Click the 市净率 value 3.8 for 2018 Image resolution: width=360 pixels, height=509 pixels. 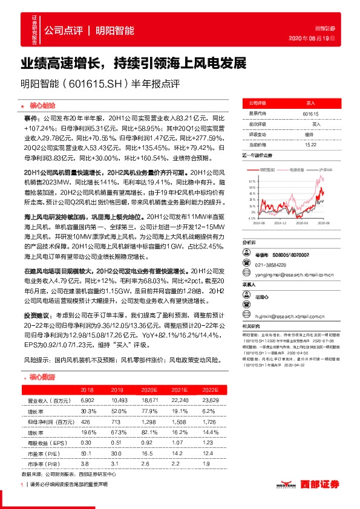(85, 462)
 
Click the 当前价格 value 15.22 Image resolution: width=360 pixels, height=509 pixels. (310, 145)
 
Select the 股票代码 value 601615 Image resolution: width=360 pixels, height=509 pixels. (310, 113)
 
